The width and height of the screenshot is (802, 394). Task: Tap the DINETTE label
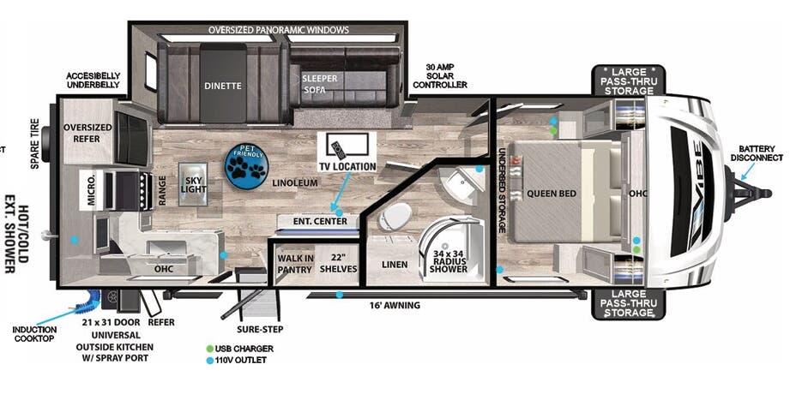pos(222,86)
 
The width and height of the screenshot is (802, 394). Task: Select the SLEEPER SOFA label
pos(319,84)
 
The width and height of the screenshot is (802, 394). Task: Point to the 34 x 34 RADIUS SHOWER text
pos(449,262)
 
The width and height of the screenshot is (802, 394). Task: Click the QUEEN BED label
pos(551,194)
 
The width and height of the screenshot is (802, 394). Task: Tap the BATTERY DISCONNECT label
pos(757,152)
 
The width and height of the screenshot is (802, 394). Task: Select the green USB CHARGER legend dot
pos(209,349)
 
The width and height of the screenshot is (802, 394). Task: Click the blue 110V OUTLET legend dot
pos(209,360)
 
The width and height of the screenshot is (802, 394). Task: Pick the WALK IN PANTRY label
pos(294,264)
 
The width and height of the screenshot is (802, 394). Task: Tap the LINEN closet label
pos(395,265)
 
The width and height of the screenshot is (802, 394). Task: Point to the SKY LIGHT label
pos(193,186)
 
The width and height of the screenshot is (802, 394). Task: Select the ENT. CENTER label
pos(320,222)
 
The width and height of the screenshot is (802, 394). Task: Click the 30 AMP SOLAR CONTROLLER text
pos(440,76)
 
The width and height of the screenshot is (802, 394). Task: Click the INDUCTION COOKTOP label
pos(33,334)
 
